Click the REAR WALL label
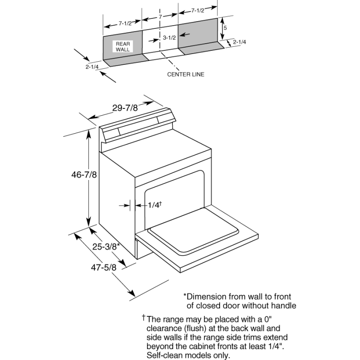pyautogui.click(x=123, y=47)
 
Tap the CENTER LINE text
pyautogui.click(x=185, y=74)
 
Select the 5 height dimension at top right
pyautogui.click(x=225, y=27)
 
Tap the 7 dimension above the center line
pyautogui.click(x=160, y=17)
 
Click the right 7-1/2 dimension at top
pyautogui.click(x=198, y=10)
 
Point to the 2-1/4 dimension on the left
pyautogui.click(x=92, y=67)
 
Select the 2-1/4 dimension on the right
pyautogui.click(x=240, y=42)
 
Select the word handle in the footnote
pyautogui.click(x=283, y=306)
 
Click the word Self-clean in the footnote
pyautogui.click(x=164, y=355)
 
